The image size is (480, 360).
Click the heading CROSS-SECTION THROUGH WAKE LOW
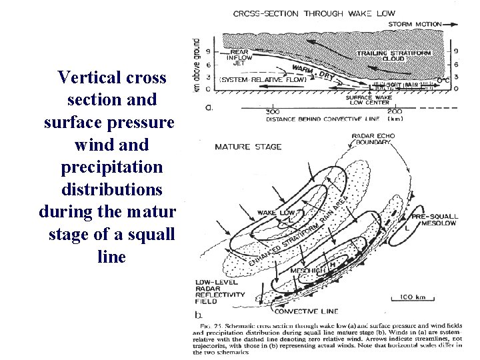pyautogui.click(x=314, y=13)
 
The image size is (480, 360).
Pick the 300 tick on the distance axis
pyautogui.click(x=272, y=111)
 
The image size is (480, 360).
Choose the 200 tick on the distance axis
pyautogui.click(x=395, y=111)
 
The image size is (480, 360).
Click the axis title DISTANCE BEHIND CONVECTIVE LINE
pyautogui.click(x=323, y=119)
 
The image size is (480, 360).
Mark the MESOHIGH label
pyautogui.click(x=308, y=271)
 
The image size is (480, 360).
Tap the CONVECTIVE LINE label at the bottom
pyautogui.click(x=307, y=311)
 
